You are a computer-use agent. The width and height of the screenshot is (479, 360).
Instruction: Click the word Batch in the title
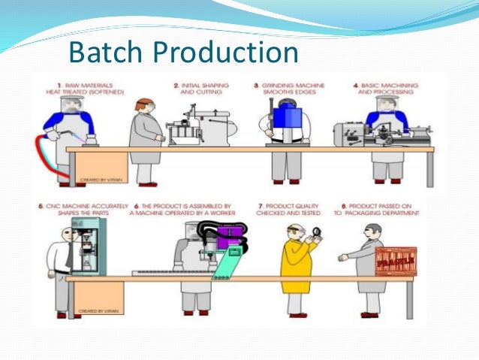click(105, 52)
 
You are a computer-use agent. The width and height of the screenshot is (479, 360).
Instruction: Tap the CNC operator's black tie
click(70, 256)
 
